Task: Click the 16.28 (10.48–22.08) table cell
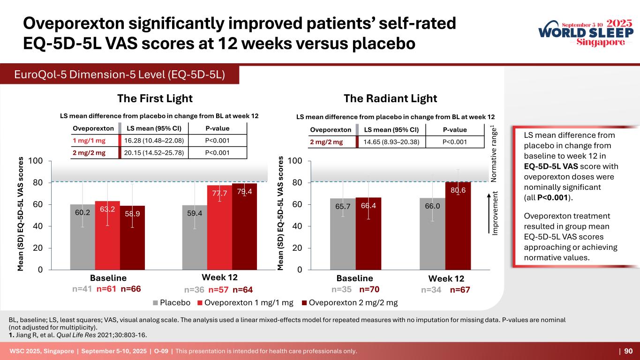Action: click(153, 141)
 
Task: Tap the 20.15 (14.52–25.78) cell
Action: click(153, 153)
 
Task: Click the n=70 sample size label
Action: click(369, 290)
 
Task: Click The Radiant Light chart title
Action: click(390, 98)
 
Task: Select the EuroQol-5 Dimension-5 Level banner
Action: click(119, 75)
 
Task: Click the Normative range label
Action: click(494, 154)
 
